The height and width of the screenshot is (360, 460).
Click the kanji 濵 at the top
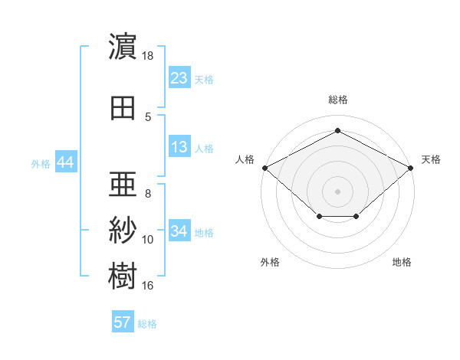click(x=123, y=46)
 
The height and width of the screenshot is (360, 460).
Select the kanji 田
click(x=123, y=108)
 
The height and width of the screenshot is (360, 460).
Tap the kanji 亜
click(x=123, y=184)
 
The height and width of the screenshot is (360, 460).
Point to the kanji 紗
click(x=123, y=230)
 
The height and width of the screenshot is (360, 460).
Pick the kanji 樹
click(x=123, y=276)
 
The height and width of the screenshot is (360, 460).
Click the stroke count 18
click(x=147, y=56)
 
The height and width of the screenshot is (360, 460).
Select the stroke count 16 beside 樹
click(x=147, y=286)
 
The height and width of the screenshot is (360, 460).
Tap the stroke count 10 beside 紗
click(x=147, y=240)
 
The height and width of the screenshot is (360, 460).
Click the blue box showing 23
click(x=179, y=77)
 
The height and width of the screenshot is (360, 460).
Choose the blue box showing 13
click(x=179, y=146)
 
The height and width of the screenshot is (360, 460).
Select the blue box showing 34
click(x=179, y=230)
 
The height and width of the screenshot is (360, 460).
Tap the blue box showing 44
click(x=66, y=162)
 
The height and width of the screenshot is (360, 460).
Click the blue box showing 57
click(x=123, y=321)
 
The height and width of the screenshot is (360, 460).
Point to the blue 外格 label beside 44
click(x=41, y=164)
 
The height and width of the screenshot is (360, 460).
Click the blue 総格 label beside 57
click(x=147, y=324)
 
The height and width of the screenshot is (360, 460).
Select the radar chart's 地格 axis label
click(x=402, y=262)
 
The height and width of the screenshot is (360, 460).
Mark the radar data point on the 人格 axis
click(x=265, y=168)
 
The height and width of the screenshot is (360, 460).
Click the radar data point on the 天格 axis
click(x=410, y=168)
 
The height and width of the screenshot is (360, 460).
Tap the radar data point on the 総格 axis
click(x=337, y=130)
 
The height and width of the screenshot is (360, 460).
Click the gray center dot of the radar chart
click(x=337, y=191)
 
